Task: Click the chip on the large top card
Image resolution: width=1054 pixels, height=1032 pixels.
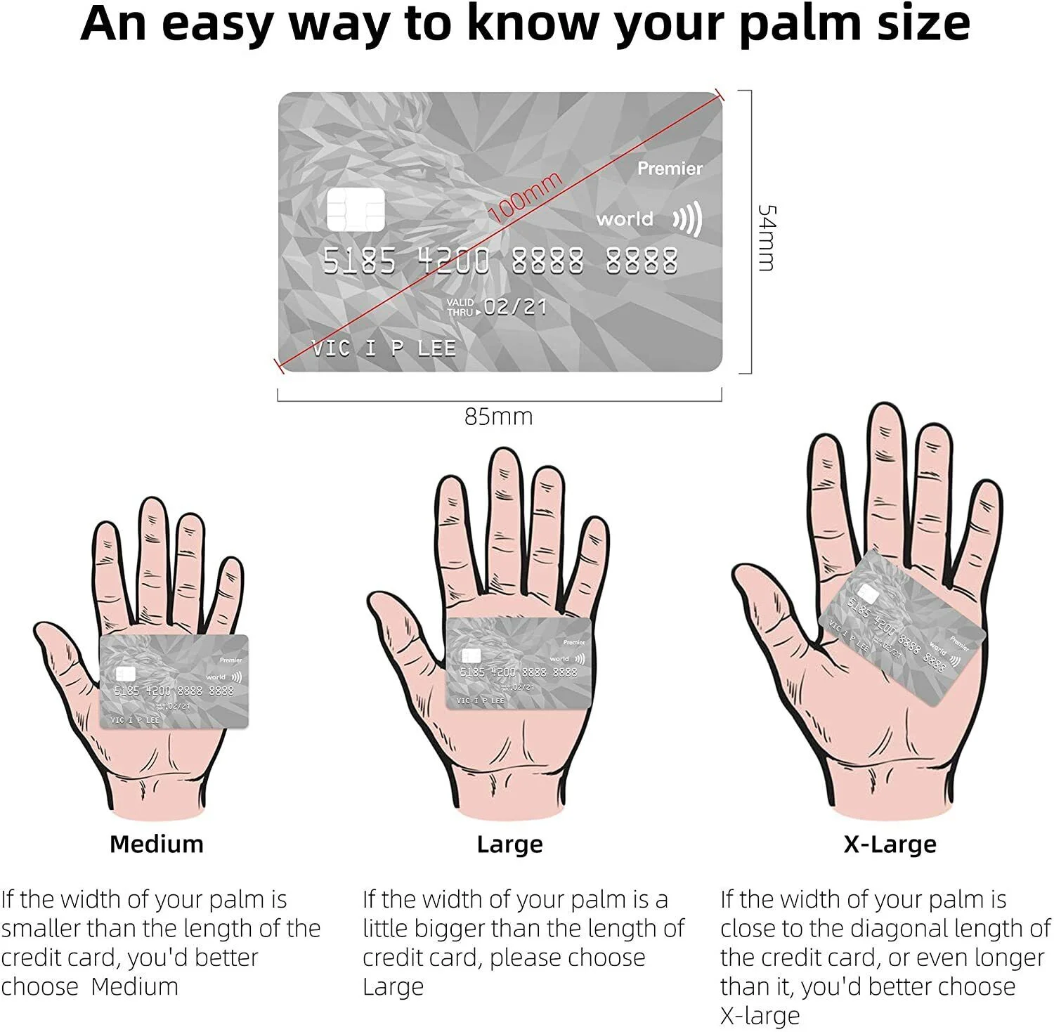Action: [x=356, y=209]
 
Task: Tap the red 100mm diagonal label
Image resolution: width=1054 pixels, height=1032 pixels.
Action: [x=525, y=197]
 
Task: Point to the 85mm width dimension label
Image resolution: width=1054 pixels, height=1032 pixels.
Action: [x=499, y=417]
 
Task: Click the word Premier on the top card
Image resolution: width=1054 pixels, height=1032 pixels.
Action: [x=670, y=169]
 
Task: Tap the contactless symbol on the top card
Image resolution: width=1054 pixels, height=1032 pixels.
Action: [x=688, y=219]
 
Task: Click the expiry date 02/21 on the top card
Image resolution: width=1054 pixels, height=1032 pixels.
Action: [x=515, y=307]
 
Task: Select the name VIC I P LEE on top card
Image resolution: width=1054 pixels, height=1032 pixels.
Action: [x=384, y=348]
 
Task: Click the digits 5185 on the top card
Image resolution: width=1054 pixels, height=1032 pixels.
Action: [x=359, y=261]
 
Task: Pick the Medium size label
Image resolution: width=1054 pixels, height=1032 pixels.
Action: [x=157, y=844]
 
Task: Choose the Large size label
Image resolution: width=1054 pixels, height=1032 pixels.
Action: [x=509, y=844]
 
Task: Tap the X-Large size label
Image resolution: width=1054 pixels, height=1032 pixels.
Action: [x=890, y=844]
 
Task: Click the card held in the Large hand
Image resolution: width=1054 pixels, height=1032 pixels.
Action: [x=519, y=663]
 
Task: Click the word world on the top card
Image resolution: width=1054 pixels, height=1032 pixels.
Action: [x=625, y=219]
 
